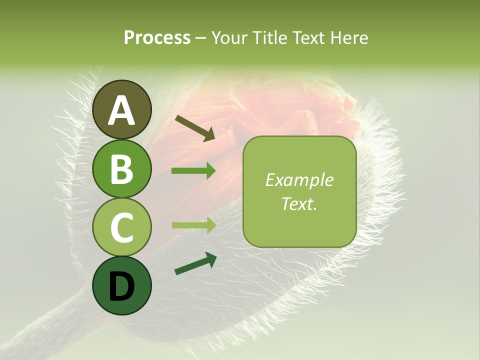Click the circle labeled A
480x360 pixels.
point(122,109)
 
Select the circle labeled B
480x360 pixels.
point(122,168)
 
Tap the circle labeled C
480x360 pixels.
point(122,227)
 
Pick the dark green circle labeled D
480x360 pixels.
point(122,285)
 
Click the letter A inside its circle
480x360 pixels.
point(122,110)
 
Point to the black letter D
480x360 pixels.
point(122,286)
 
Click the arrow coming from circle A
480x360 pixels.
point(194,128)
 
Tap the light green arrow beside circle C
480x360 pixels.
point(193,225)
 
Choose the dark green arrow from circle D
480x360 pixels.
point(195,263)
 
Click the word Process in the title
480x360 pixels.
point(157,38)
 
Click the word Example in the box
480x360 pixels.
point(299,180)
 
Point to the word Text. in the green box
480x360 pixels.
point(299,204)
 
